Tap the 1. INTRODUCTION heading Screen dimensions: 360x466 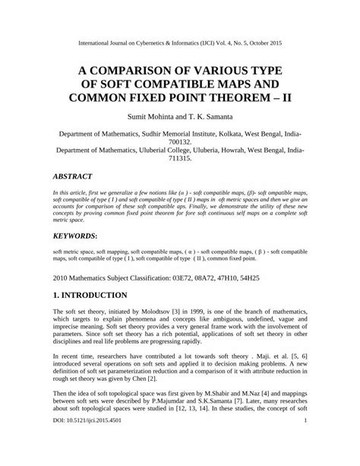95,294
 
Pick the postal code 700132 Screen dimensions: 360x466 179,141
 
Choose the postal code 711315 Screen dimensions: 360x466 179,160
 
